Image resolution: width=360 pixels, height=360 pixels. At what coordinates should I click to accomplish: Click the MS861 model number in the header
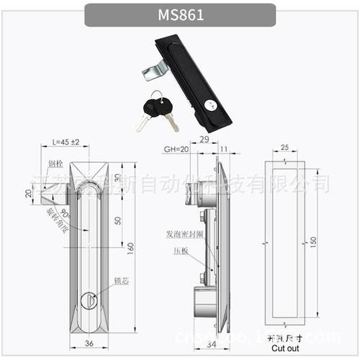179,15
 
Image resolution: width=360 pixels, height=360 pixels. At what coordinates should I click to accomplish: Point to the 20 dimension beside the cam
28,193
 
